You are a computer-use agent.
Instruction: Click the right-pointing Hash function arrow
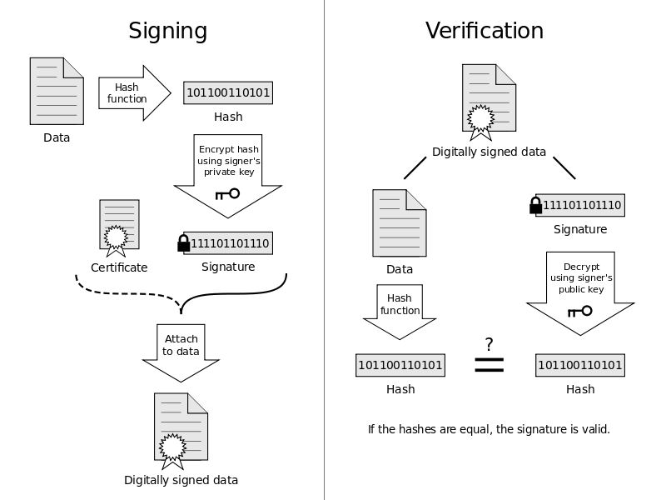(x=133, y=93)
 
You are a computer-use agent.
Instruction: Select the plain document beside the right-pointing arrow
(x=57, y=92)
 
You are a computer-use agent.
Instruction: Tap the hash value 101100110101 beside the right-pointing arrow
(x=228, y=92)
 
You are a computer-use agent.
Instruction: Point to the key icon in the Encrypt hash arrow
(x=227, y=194)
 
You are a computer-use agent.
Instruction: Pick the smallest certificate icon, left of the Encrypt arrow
(x=119, y=225)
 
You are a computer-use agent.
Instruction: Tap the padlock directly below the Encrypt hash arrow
(x=184, y=242)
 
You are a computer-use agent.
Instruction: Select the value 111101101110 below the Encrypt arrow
(x=230, y=243)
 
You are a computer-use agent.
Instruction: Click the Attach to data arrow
(x=181, y=350)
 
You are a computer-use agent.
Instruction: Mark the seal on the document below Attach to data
(x=172, y=447)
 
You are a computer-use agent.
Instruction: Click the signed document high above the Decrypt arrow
(x=489, y=98)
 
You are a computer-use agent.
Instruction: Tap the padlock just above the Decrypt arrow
(x=537, y=204)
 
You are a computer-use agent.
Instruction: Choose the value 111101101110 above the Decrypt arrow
(x=582, y=205)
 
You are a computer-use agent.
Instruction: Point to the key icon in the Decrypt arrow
(x=579, y=312)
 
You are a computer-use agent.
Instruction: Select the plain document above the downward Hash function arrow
(x=399, y=222)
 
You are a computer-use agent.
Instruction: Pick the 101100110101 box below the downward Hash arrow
(x=400, y=365)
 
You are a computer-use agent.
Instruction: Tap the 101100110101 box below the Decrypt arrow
(x=579, y=365)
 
